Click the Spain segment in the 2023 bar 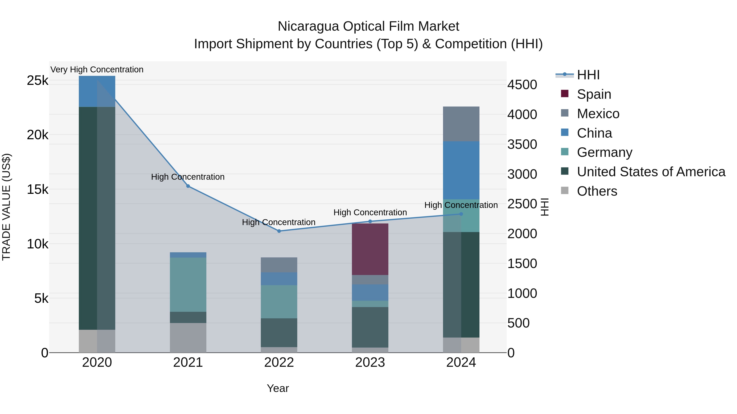[x=370, y=249]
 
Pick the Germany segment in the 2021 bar [x=188, y=285]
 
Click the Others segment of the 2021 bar [x=188, y=338]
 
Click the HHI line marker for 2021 [x=188, y=186]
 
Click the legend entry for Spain [x=594, y=94]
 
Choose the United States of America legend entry [x=651, y=172]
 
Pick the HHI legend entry [x=588, y=75]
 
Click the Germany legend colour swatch [x=565, y=152]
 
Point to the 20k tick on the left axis [x=37, y=135]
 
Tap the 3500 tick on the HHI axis [x=522, y=144]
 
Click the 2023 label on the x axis [x=370, y=362]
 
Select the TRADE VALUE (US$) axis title [x=7, y=207]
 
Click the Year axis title [x=278, y=388]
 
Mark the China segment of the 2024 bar [x=461, y=170]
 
